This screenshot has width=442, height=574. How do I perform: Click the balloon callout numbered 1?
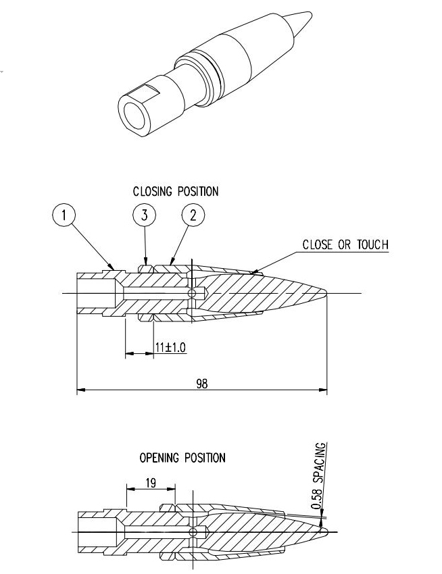click(x=64, y=216)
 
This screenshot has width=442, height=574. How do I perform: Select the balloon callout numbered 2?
click(x=193, y=216)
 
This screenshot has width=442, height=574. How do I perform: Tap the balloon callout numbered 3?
click(x=144, y=216)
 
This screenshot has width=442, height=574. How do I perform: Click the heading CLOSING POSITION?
click(x=176, y=192)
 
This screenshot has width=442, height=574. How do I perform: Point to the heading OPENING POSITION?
click(x=182, y=458)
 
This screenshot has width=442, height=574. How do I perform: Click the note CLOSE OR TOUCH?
click(x=345, y=244)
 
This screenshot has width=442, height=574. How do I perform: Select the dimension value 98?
click(x=201, y=384)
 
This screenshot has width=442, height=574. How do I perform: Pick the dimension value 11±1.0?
click(x=170, y=346)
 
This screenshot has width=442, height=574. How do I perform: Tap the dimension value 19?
click(x=151, y=484)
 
